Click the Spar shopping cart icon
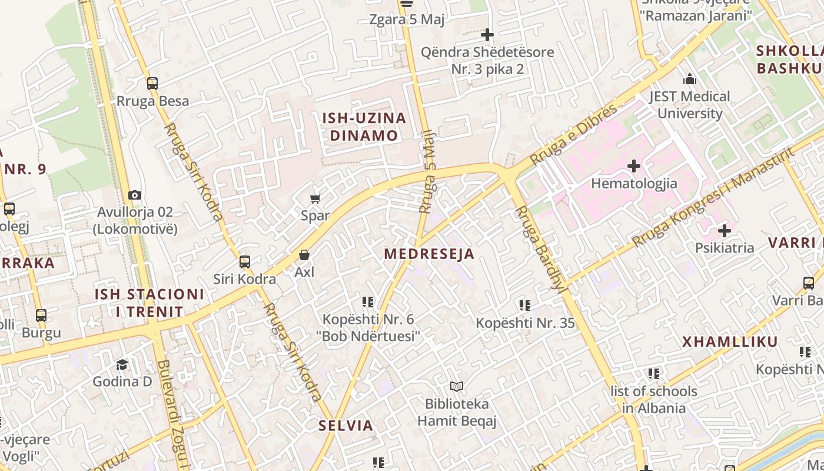[315, 199]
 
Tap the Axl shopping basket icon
[304, 255]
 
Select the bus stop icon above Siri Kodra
[245, 262]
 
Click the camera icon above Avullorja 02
[135, 195]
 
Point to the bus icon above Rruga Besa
[152, 84]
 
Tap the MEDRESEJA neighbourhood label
[429, 254]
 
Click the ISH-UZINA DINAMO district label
[364, 127]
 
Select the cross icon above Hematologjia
[634, 167]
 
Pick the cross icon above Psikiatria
[725, 231]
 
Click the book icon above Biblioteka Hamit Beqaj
[457, 387]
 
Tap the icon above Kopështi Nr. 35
[525, 306]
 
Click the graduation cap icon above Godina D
[122, 364]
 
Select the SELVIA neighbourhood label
[346, 426]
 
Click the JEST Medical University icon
[690, 79]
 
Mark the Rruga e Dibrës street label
[574, 135]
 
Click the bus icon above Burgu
[41, 316]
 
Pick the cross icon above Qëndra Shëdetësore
[487, 35]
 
